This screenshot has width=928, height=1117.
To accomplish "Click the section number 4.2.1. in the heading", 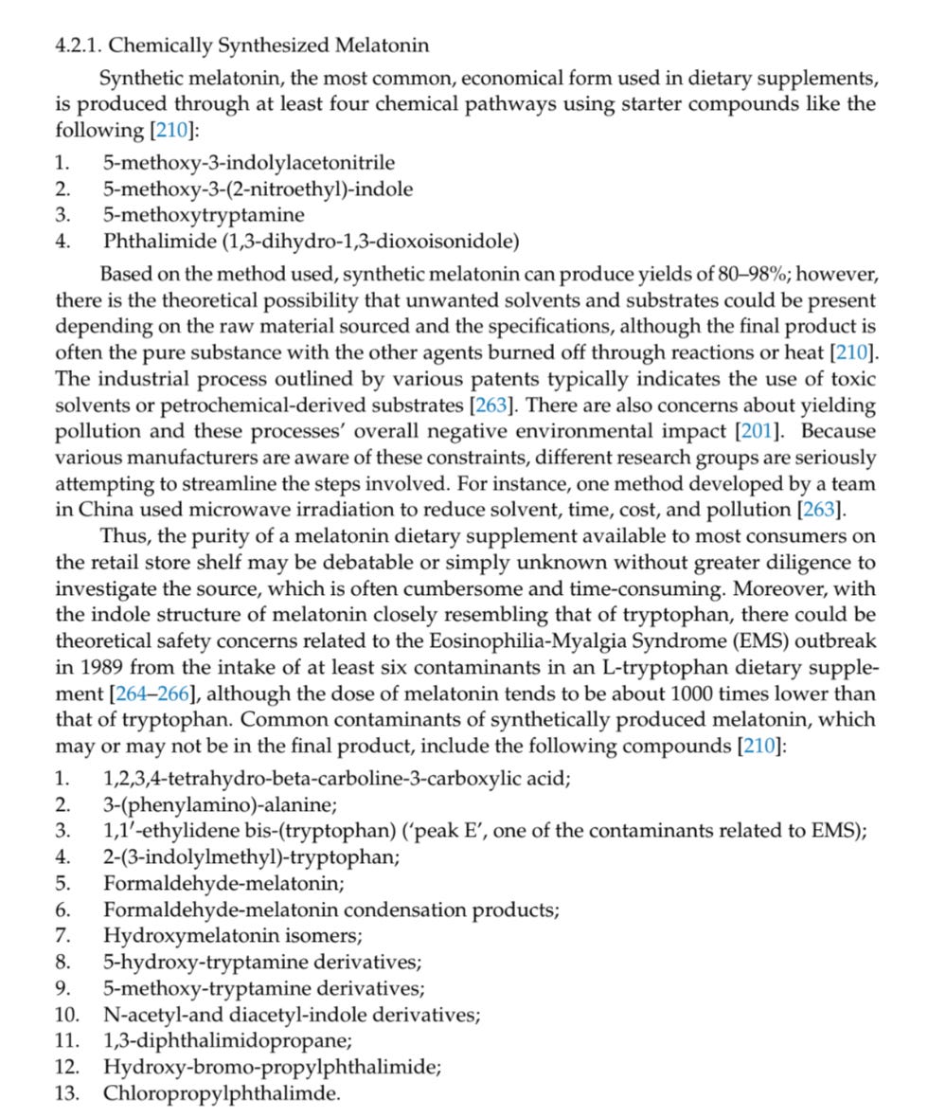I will point(80,45).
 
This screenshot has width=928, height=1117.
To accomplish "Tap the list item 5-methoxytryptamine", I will point(204,215).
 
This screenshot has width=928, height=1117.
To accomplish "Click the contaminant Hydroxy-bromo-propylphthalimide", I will point(272,1068).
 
